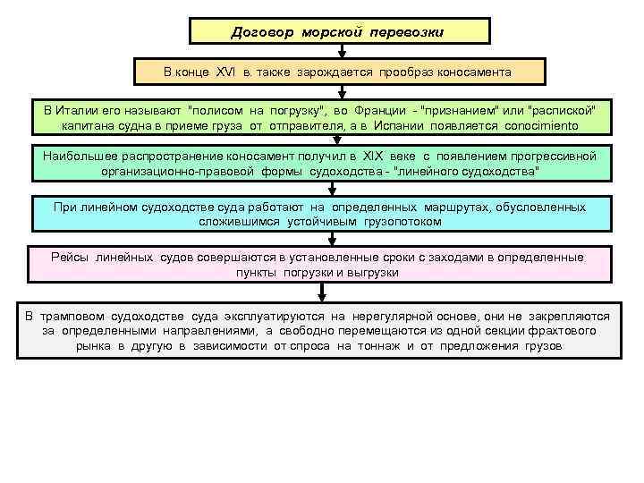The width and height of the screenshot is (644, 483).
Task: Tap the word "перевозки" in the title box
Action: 409,32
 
